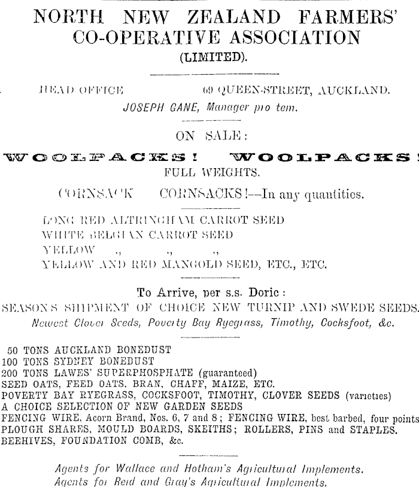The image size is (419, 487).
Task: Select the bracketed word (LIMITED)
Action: [x=209, y=59]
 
